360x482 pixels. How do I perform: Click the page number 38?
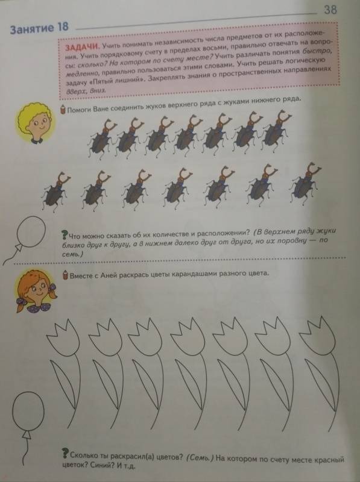click(x=330, y=10)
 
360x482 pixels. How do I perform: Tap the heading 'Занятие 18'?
click(x=39, y=28)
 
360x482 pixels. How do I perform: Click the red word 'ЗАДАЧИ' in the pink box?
click(x=82, y=48)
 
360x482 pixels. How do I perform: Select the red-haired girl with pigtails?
click(x=36, y=291)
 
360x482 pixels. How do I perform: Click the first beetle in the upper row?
click(x=101, y=137)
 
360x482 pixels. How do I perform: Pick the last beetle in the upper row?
click(x=277, y=128)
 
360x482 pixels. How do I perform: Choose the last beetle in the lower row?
click(x=305, y=183)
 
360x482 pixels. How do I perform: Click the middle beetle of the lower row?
click(x=177, y=187)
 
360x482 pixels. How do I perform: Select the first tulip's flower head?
click(x=63, y=337)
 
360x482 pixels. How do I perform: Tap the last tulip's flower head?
click(x=317, y=336)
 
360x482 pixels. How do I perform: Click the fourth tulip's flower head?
click(x=188, y=336)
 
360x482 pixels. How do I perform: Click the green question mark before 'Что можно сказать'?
click(x=65, y=235)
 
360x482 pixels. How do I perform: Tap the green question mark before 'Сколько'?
click(x=65, y=453)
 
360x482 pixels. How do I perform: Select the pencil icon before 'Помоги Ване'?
click(x=63, y=110)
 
